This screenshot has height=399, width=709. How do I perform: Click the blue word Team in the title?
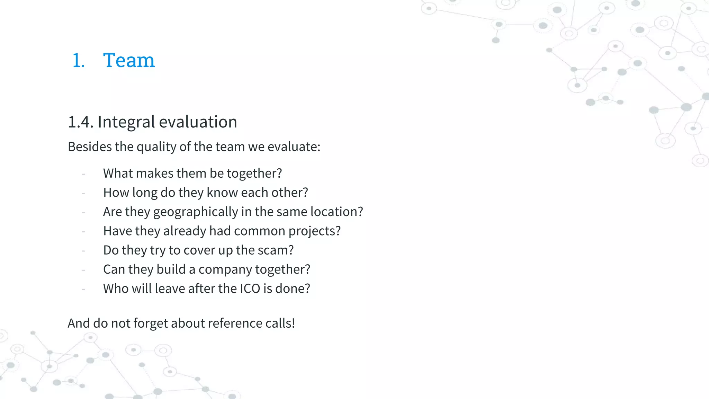point(129,60)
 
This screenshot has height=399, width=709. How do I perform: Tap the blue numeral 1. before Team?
point(79,61)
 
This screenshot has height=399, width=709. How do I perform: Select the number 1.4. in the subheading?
point(81,122)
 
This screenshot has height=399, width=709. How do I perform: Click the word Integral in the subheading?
point(126,122)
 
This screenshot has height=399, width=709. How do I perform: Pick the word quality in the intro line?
point(156,147)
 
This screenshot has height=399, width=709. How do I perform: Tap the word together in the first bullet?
point(254,173)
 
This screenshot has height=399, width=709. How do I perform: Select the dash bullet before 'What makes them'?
point(83,174)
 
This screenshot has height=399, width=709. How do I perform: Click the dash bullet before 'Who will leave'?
point(83,289)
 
